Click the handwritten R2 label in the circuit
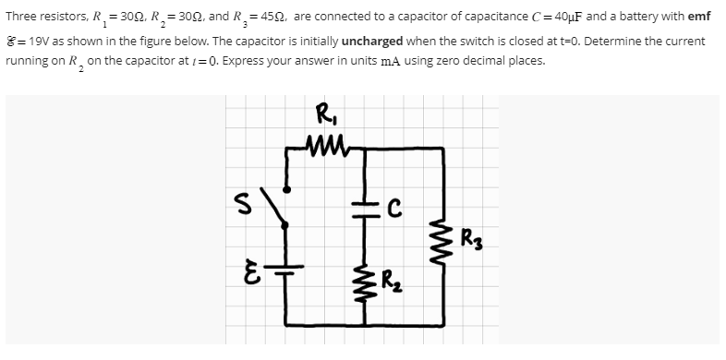[x=393, y=274]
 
